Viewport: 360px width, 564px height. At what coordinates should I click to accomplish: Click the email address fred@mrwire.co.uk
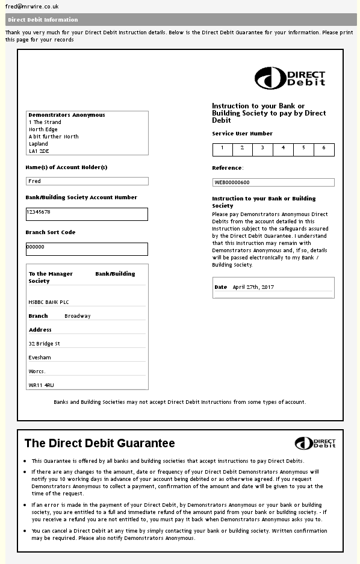coord(32,6)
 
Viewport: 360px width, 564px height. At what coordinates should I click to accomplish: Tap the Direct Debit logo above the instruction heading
coord(290,78)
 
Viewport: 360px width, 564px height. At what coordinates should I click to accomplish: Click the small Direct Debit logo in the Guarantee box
coord(315,444)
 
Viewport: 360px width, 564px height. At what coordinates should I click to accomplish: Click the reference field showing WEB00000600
coord(273,182)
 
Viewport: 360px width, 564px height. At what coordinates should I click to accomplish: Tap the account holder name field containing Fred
coord(87,181)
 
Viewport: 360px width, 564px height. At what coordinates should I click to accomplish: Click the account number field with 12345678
coord(87,214)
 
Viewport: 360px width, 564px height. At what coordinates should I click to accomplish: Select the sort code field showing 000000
coord(87,249)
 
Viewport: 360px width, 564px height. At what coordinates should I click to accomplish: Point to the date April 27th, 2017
coord(253,287)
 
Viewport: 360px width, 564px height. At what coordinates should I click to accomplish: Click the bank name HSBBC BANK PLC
coord(49,302)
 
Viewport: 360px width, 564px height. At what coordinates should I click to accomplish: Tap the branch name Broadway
coord(78,316)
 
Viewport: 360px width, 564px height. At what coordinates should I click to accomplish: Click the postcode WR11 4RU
coord(41,385)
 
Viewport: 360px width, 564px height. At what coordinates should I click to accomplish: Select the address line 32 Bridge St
coord(44,344)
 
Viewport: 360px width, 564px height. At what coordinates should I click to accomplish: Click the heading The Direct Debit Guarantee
coord(99,444)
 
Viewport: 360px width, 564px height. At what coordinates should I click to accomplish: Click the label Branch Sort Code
coord(51,232)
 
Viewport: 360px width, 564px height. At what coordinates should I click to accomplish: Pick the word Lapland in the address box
coord(39,144)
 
